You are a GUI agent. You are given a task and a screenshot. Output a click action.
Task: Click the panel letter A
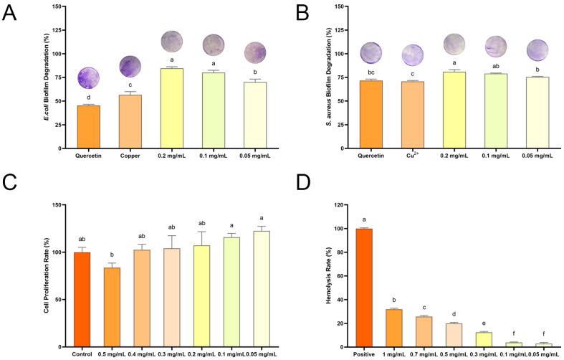pyautogui.click(x=10, y=14)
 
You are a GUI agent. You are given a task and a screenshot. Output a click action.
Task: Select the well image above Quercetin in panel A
pyautogui.click(x=89, y=77)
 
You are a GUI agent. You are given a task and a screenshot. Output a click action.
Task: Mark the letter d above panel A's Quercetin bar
pyautogui.click(x=89, y=98)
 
